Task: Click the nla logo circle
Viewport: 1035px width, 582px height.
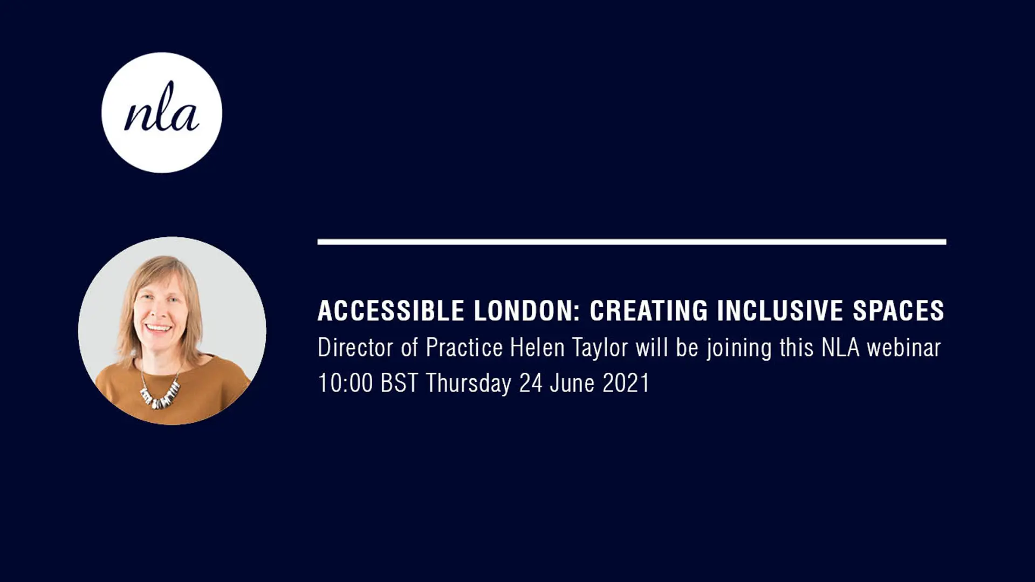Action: pos(162,113)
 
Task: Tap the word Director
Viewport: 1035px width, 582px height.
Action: pos(355,347)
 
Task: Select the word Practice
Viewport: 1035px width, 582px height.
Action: pos(464,347)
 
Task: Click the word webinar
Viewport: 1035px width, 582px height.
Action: pos(903,347)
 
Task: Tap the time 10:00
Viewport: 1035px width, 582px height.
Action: pos(345,383)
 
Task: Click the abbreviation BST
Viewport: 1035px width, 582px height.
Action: pos(399,383)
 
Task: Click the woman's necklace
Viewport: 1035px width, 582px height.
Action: pos(160,393)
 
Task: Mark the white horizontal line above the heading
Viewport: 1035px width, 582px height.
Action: pos(632,242)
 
